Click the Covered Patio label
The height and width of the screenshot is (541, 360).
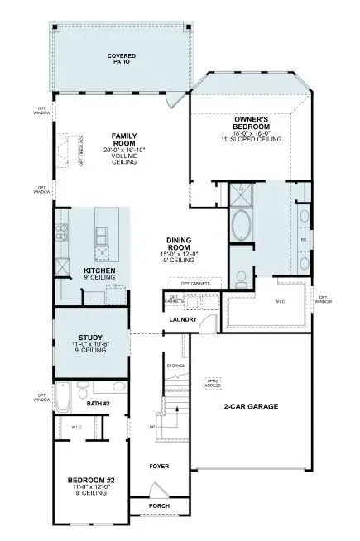point(122,58)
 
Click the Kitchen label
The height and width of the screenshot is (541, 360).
point(99,270)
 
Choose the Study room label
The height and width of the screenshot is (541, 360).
point(90,338)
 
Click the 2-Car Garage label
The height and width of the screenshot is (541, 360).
point(251,407)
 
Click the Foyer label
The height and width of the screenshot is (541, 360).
point(159,467)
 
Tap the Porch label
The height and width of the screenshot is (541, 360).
point(159,505)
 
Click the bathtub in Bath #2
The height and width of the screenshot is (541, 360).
point(64,401)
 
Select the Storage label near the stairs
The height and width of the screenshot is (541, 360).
point(175,364)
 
